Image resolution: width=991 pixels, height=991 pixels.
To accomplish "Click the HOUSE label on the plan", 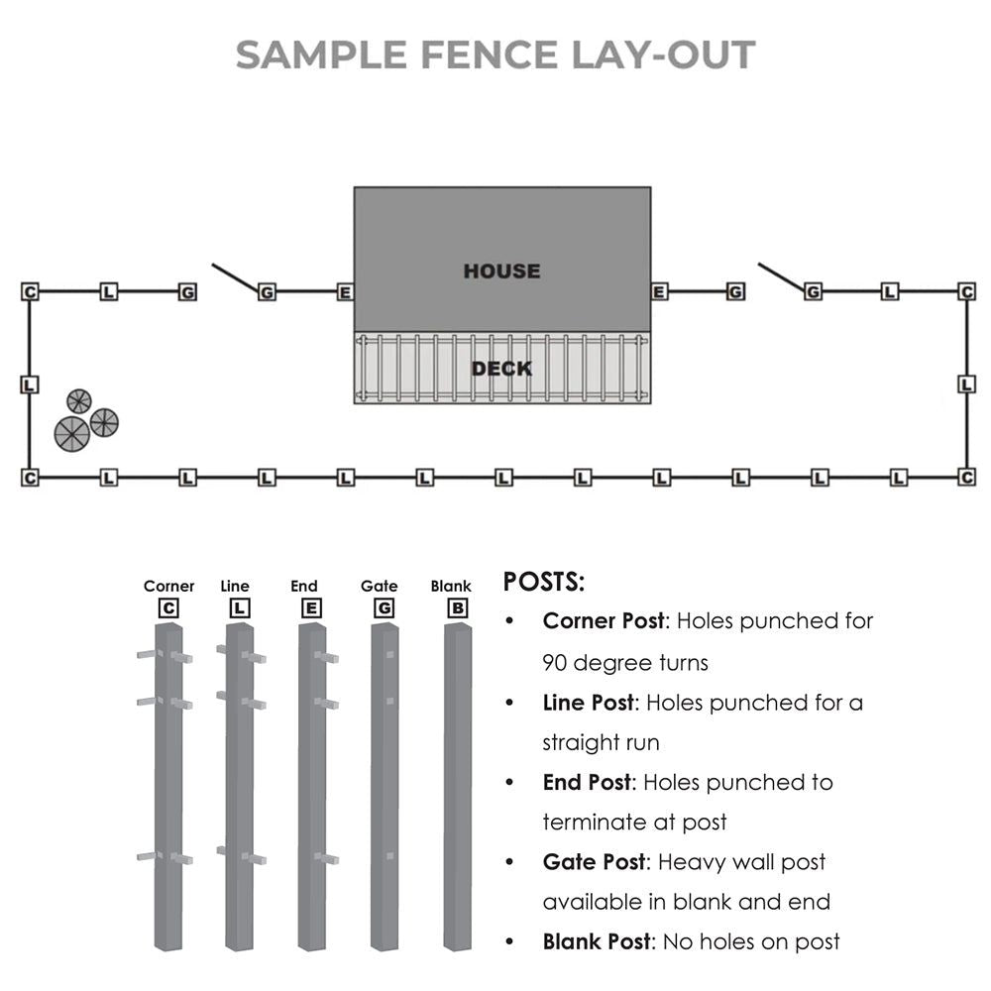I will [x=501, y=271].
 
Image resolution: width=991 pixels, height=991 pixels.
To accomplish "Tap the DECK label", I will [x=501, y=369].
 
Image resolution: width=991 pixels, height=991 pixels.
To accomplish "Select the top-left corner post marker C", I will [x=30, y=291].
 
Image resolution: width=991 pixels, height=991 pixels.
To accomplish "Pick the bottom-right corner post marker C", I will [x=967, y=478].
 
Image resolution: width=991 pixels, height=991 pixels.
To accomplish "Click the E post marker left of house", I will [x=345, y=292].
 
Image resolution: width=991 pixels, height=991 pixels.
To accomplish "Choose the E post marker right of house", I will [x=659, y=291].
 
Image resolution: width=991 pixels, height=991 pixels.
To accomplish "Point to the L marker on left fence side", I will [x=30, y=385].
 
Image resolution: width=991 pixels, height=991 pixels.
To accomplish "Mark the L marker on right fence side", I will [x=967, y=385].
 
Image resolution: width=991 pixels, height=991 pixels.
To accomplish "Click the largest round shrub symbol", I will [x=72, y=434].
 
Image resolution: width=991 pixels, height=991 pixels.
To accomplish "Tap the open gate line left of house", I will [x=235, y=277].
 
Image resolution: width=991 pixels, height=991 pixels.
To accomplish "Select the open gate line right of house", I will [x=781, y=277].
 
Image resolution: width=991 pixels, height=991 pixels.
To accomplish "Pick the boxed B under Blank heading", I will [x=457, y=607].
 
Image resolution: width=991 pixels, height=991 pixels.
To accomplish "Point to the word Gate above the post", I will [x=379, y=587].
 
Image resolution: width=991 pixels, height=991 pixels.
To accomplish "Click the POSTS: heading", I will [x=544, y=582].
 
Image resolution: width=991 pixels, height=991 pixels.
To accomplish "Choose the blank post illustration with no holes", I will [x=457, y=788].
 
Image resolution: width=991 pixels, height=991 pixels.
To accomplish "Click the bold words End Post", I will [x=586, y=782].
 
